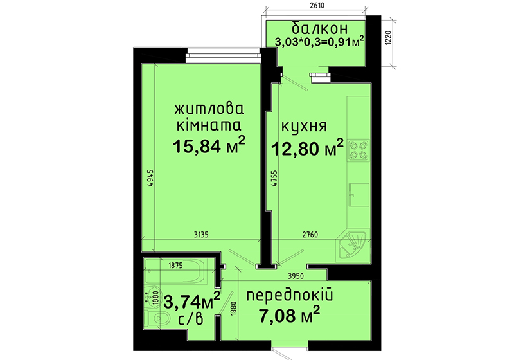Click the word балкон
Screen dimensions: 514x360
[319, 28]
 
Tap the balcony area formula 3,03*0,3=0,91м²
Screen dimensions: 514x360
[319, 41]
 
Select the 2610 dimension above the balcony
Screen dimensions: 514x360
[317, 6]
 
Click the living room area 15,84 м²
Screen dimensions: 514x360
[209, 145]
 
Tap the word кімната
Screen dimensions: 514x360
[209, 125]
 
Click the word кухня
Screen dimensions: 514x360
[304, 126]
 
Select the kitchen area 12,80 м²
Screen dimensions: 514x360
[306, 148]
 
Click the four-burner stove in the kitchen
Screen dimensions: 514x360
[358, 150]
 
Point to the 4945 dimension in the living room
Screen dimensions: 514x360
[150, 178]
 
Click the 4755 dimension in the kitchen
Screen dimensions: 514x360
[274, 178]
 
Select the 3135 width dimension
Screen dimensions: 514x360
[201, 235]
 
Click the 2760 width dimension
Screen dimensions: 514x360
[310, 235]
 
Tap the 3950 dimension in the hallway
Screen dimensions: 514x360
[296, 276]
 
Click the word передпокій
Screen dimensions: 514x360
[290, 296]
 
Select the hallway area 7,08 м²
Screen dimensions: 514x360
[290, 315]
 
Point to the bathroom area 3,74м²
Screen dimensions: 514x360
[191, 300]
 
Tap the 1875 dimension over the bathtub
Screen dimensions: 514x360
[175, 266]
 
